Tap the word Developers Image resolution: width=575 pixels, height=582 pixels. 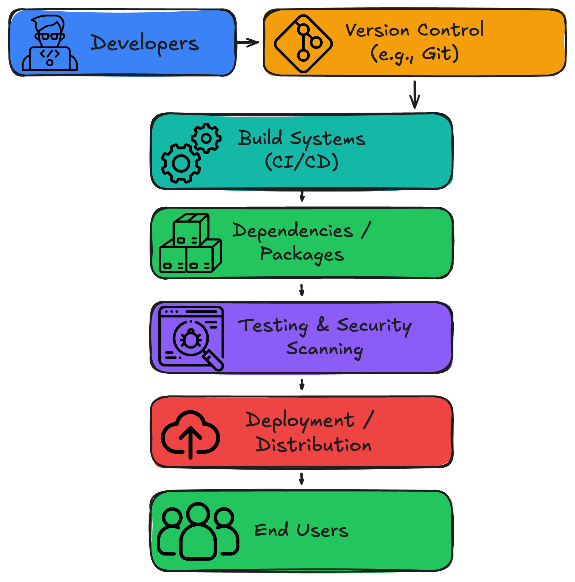tap(145, 43)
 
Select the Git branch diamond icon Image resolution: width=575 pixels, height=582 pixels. tap(303, 43)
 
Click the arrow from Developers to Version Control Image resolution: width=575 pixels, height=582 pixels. tap(248, 42)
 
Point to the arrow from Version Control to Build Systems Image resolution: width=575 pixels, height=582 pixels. tap(415, 94)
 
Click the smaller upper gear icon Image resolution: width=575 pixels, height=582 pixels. tap(206, 138)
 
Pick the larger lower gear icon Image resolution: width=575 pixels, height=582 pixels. tap(181, 163)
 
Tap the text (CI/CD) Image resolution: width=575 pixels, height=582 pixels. tap(302, 162)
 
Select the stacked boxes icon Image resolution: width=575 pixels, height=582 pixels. tap(190, 243)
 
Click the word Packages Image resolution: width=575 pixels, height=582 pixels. tap(302, 254)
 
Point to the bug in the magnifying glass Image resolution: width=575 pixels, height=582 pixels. tap(191, 339)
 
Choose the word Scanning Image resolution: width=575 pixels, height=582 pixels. tap(325, 349)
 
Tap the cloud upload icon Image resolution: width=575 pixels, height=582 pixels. tap(190, 434)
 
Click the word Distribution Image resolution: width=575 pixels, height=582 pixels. tap(314, 445)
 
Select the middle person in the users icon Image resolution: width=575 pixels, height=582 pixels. tap(198, 532)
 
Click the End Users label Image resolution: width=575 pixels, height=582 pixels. tap(301, 530)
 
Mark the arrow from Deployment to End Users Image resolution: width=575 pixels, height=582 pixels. tap(302, 478)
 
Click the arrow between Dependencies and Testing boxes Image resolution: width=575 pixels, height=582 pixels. tap(302, 290)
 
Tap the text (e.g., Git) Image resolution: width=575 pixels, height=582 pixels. tap(415, 54)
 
